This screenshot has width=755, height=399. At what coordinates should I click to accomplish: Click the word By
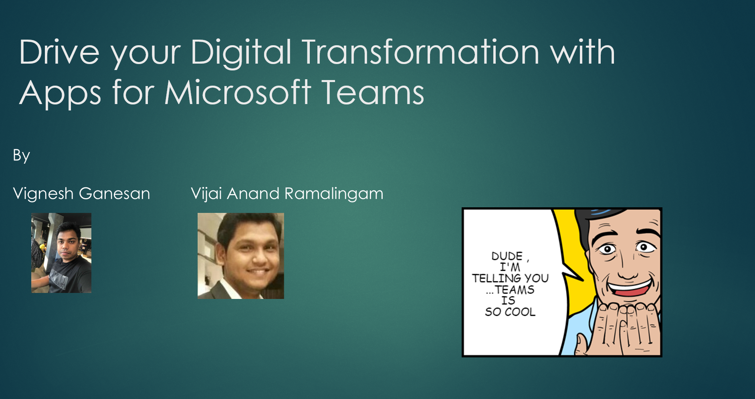[x=22, y=156]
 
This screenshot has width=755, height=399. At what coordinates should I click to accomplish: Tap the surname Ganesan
[x=115, y=194]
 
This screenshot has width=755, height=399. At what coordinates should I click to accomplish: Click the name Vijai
[x=206, y=194]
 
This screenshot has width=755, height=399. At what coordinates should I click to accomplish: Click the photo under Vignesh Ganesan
[x=61, y=253]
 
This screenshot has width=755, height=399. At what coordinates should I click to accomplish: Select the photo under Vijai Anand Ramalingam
[x=241, y=256]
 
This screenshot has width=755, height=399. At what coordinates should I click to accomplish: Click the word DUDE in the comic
[x=507, y=256]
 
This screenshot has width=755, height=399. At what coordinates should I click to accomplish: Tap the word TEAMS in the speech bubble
[x=515, y=289]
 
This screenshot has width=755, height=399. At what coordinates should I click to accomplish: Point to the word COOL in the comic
[x=520, y=312]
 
